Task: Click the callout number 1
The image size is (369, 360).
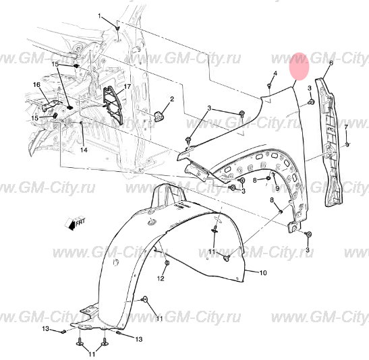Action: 100,16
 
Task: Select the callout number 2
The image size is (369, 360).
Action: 171,99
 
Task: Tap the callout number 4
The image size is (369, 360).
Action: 275,73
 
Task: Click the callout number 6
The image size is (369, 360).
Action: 331,63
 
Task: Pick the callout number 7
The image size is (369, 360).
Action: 345,127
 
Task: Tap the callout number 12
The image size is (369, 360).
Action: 161,278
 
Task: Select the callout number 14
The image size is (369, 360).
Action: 84,150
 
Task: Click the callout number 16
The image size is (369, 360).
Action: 36,84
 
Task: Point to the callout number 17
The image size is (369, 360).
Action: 126,88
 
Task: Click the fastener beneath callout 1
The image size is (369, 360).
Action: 117,28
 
